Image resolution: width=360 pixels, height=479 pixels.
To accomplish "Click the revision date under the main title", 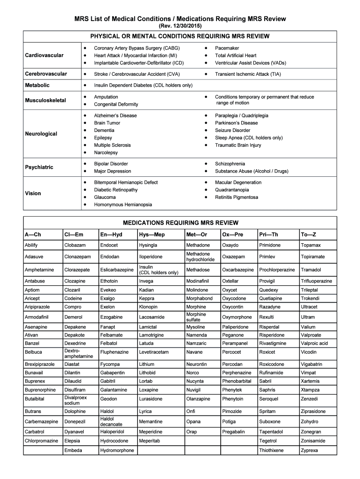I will pyautogui.click(x=180, y=25).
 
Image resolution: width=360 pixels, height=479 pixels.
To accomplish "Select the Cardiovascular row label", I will pyautogui.click(x=44, y=55).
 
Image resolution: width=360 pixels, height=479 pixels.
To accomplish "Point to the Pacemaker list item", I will pyautogui.click(x=227, y=48).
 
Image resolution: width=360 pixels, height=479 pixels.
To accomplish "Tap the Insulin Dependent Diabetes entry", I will pyautogui.click(x=143, y=85).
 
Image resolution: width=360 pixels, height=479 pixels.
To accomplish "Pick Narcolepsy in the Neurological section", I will pyautogui.click(x=106, y=152).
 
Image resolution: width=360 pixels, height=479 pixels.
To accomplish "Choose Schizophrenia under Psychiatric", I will pyautogui.click(x=230, y=164).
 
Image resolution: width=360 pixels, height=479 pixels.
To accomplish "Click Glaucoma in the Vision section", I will pyautogui.click(x=105, y=197).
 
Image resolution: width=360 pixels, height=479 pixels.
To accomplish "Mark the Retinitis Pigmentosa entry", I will pyautogui.click(x=236, y=197).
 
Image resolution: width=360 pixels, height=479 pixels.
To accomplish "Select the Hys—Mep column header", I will pyautogui.click(x=151, y=234).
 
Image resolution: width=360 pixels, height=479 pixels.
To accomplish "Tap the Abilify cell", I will pyautogui.click(x=31, y=245).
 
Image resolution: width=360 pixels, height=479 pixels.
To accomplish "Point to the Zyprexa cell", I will pyautogui.click(x=310, y=450).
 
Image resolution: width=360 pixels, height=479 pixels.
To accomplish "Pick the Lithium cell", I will pyautogui.click(x=146, y=363).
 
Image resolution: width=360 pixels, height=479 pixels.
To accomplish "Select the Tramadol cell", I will pyautogui.click(x=311, y=270).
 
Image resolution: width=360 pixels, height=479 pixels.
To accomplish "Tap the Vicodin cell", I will pyautogui.click(x=309, y=352).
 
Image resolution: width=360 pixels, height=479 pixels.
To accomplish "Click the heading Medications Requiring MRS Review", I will pyautogui.click(x=180, y=223).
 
